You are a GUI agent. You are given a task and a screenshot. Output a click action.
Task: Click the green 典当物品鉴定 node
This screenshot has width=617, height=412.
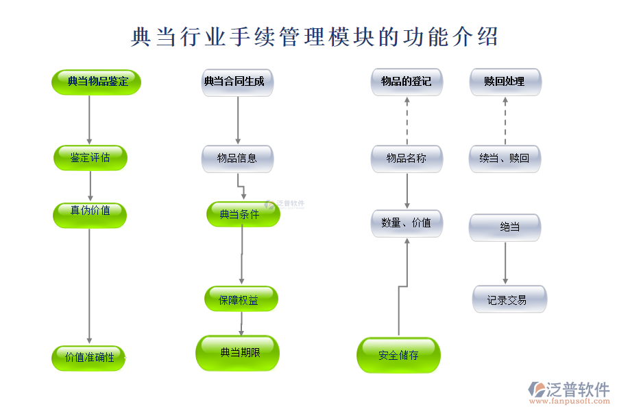tap(97, 82)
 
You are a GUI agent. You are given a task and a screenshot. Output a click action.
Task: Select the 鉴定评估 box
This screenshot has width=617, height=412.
tap(90, 158)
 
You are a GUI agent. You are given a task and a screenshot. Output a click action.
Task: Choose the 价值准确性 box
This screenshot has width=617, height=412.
tap(89, 358)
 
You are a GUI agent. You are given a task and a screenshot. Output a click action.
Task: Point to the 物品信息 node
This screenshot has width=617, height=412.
tap(237, 159)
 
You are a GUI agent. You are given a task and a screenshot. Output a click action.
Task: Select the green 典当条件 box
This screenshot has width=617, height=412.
tap(243, 214)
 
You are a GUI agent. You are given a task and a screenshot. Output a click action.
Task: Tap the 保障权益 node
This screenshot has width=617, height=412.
tap(241, 299)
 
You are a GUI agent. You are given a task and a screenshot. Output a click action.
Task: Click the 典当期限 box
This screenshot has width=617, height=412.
tap(238, 353)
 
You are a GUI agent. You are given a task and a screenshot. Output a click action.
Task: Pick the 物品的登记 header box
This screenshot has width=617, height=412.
tap(407, 82)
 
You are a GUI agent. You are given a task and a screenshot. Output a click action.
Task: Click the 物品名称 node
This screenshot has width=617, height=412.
tap(407, 159)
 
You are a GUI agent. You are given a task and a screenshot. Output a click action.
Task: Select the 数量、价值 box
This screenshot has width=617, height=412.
tap(407, 223)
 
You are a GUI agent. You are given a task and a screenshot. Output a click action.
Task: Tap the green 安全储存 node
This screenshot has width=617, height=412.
tap(398, 355)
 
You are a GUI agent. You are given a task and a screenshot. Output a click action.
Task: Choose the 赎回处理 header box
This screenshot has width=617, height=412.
tap(505, 82)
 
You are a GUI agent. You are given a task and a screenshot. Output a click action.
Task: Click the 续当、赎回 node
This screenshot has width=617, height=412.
tap(505, 159)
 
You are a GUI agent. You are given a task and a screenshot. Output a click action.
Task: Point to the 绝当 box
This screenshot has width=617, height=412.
tap(505, 227)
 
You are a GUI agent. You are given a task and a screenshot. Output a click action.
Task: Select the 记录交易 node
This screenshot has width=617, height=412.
tap(509, 299)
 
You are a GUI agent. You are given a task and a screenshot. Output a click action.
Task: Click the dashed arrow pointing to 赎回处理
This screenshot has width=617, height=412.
tap(505, 120)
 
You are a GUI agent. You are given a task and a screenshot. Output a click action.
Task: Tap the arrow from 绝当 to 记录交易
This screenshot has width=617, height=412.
tap(505, 262)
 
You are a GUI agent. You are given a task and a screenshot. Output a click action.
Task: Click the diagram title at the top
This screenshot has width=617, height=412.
tap(314, 36)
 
